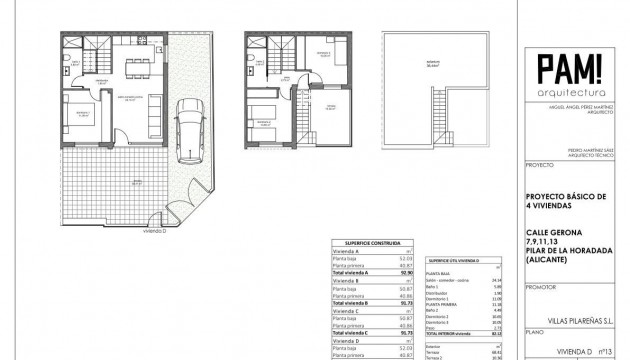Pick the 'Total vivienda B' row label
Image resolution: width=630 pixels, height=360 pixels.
tap(357, 301)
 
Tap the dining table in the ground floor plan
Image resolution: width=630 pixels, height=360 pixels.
tap(137, 67)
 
